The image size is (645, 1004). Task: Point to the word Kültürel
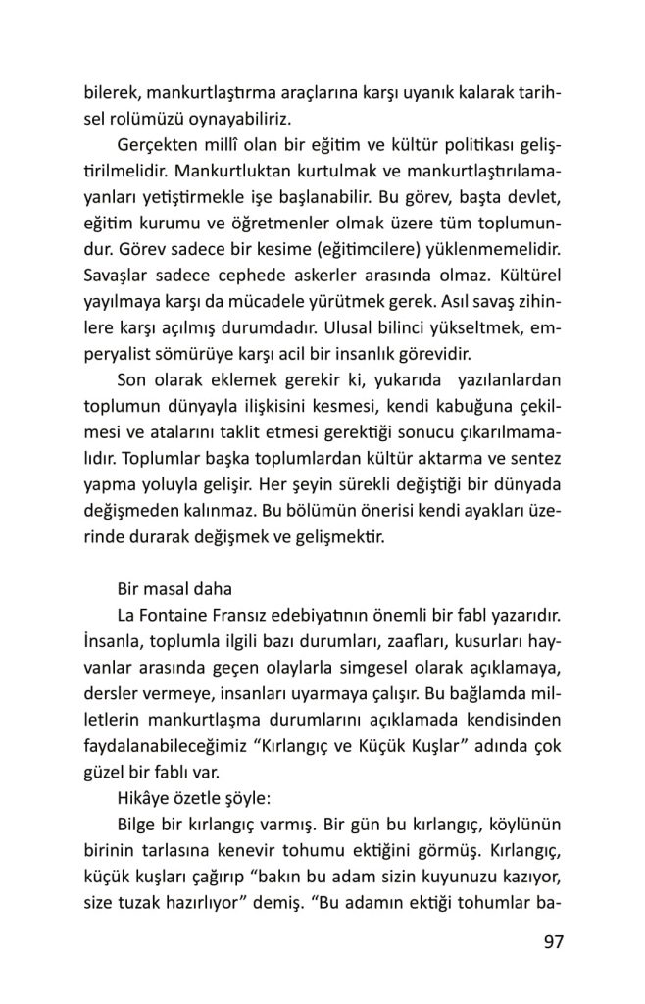527,269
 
